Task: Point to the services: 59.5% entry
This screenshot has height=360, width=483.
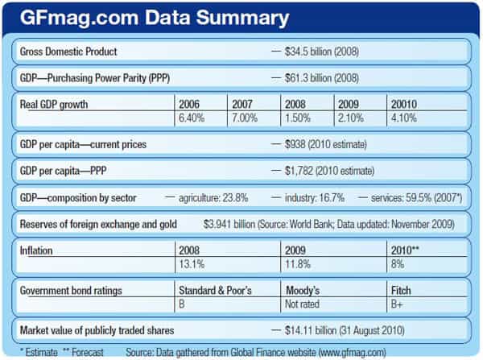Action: tap(407, 197)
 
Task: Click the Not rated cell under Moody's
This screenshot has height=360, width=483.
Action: tap(304, 303)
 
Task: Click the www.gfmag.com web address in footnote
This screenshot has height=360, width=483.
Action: tap(325, 352)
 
